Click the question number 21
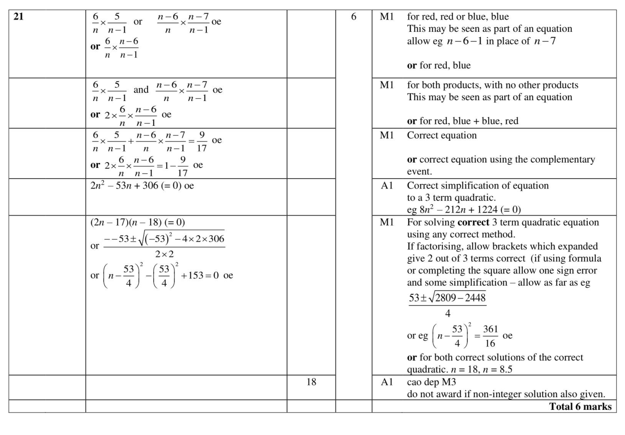point(18,17)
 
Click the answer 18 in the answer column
point(311,382)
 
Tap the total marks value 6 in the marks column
point(353,17)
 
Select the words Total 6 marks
point(580,406)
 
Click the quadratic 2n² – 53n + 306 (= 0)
point(142,186)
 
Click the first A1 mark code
point(387,186)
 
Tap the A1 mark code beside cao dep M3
point(387,382)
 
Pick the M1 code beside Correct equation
point(387,135)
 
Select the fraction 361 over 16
point(490,336)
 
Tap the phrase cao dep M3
point(431,382)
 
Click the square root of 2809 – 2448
point(458,298)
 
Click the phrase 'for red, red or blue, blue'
point(458,17)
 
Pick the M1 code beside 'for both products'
point(387,85)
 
